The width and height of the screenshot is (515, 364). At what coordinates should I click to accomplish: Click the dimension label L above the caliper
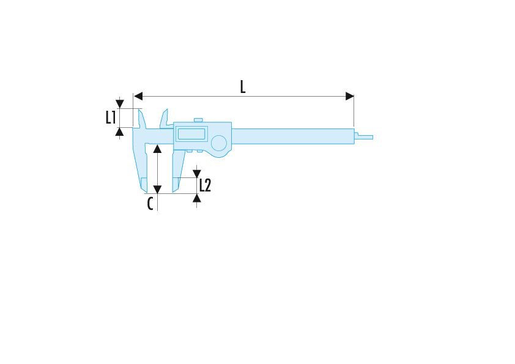243,87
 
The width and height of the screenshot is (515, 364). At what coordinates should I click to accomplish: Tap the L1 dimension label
111,117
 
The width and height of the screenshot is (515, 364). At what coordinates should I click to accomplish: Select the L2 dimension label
205,185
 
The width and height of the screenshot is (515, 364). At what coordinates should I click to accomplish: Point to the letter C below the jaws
150,204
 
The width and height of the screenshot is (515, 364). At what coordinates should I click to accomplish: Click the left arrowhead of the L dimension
138,96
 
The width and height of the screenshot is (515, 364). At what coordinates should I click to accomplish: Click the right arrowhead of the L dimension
350,96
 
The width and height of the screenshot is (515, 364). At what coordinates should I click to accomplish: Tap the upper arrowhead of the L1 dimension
120,104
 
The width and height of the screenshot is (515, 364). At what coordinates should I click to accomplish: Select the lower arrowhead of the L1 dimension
120,132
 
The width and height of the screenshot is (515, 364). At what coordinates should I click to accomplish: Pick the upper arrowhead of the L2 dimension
197,174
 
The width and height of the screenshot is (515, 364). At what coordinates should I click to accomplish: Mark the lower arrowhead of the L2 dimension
197,198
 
